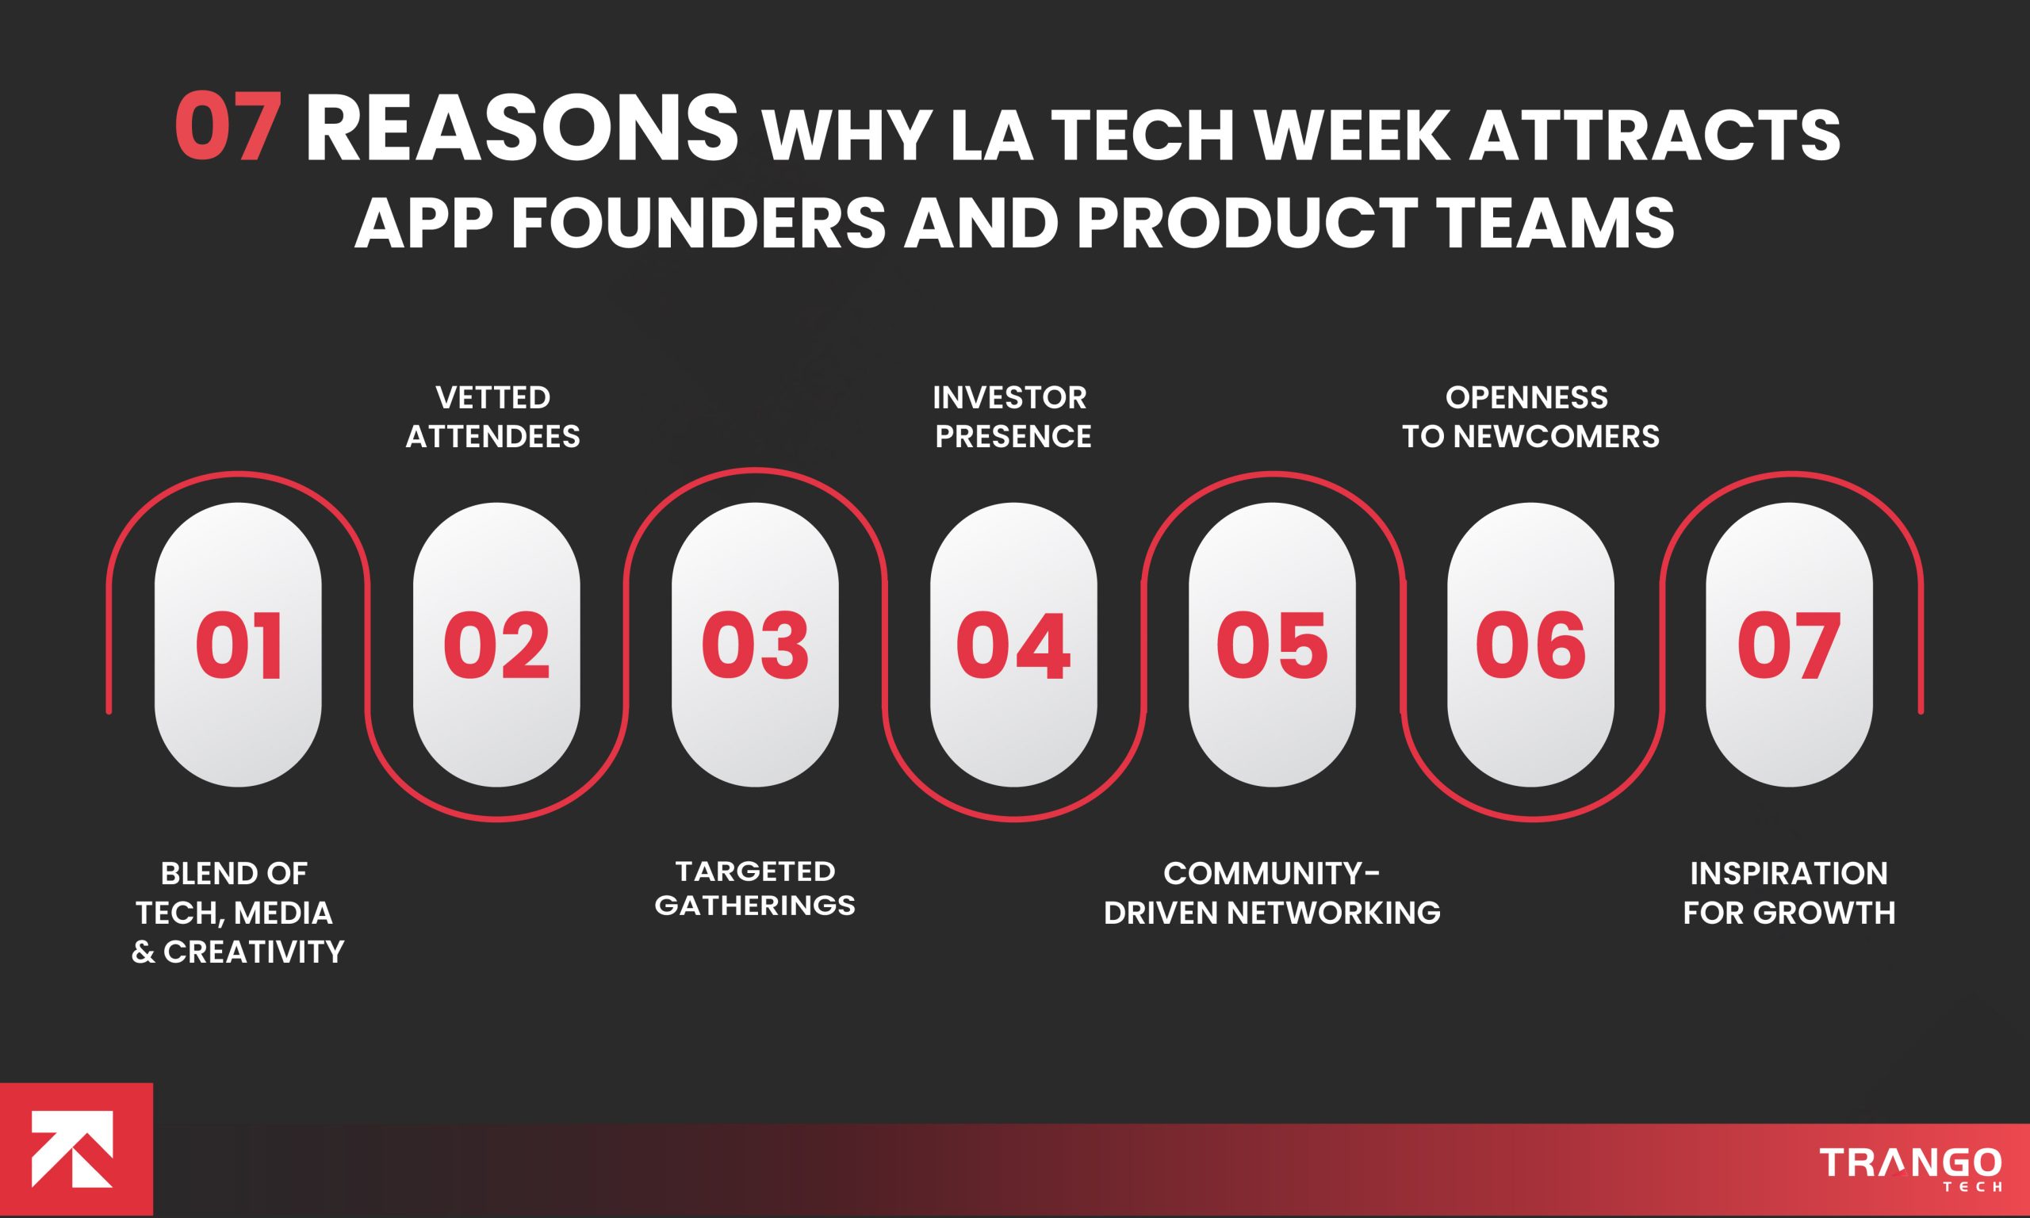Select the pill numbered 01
[238, 645]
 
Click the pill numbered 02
[496, 645]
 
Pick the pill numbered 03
[755, 645]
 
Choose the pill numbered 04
[1013, 645]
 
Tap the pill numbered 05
[1272, 645]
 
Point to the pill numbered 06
[1530, 645]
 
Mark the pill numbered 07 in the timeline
[1789, 645]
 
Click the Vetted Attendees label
[493, 417]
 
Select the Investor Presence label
[1012, 417]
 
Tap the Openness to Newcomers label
[1530, 417]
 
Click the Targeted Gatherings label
[755, 888]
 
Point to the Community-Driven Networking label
[1272, 893]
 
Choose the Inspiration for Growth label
[1789, 893]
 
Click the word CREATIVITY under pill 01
[254, 952]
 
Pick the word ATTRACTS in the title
[1654, 136]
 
